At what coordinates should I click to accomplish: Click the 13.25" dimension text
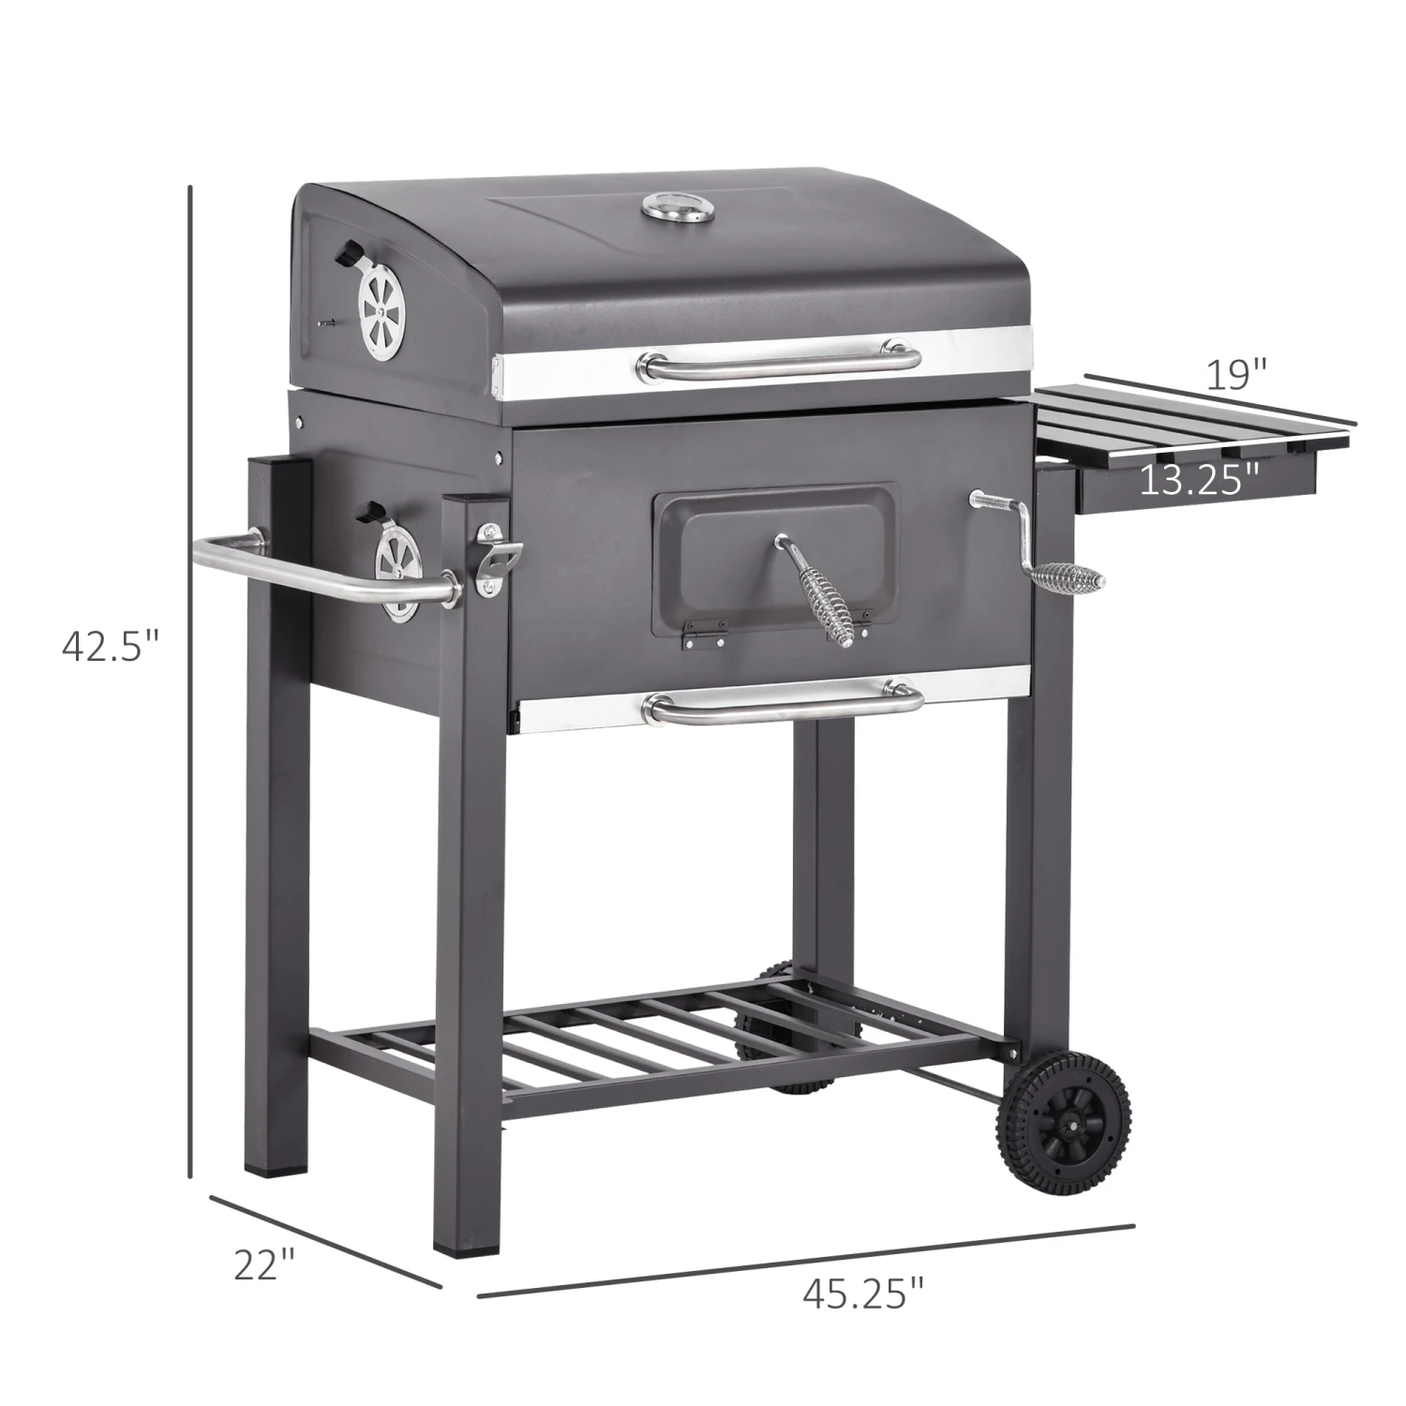[1199, 480]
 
